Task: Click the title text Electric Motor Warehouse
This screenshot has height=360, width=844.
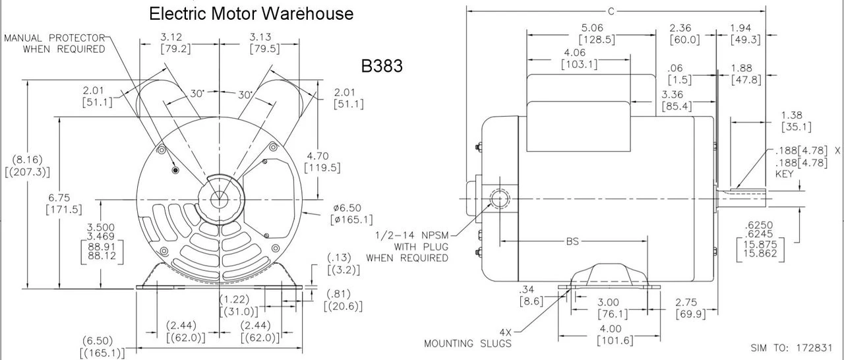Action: click(x=251, y=13)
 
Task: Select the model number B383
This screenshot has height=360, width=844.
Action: click(x=382, y=66)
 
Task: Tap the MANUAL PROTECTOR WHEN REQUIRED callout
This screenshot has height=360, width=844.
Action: click(x=55, y=44)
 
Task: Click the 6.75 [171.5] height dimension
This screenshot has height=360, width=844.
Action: click(x=63, y=203)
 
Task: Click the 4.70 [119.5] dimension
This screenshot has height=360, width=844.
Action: click(x=321, y=162)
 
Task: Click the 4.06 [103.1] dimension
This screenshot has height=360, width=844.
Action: click(x=579, y=58)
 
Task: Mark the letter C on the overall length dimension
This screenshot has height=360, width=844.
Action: click(x=611, y=10)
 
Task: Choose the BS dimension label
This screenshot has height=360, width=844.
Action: click(x=572, y=241)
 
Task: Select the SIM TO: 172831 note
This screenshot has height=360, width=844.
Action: click(x=795, y=347)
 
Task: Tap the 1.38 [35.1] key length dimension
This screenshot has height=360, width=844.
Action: click(x=796, y=121)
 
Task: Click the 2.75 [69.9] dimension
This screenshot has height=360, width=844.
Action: click(x=691, y=307)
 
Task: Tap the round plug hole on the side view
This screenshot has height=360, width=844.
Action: click(x=499, y=198)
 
